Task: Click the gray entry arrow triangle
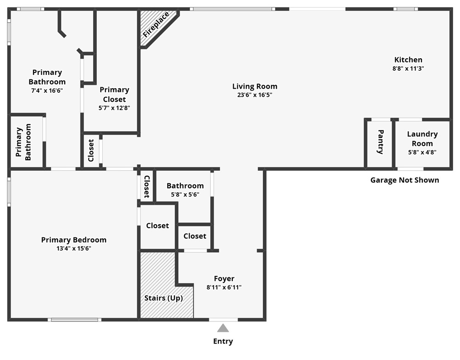(223, 328)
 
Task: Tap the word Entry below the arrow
(223, 341)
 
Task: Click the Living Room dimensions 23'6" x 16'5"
(255, 95)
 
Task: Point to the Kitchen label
(408, 60)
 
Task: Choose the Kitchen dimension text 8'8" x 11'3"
(408, 68)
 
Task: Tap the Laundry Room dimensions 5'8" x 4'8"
(422, 152)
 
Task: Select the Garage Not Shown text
(404, 180)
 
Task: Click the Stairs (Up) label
(163, 298)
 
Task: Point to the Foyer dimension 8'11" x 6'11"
(224, 287)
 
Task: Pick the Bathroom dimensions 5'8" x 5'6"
(185, 194)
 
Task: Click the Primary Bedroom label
(74, 240)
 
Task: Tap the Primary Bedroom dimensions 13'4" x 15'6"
(74, 248)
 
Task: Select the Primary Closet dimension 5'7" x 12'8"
(114, 108)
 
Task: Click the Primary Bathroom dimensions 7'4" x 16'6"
(47, 90)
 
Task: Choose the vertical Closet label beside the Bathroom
(147, 186)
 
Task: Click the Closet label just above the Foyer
(195, 236)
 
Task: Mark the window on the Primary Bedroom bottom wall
(74, 320)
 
